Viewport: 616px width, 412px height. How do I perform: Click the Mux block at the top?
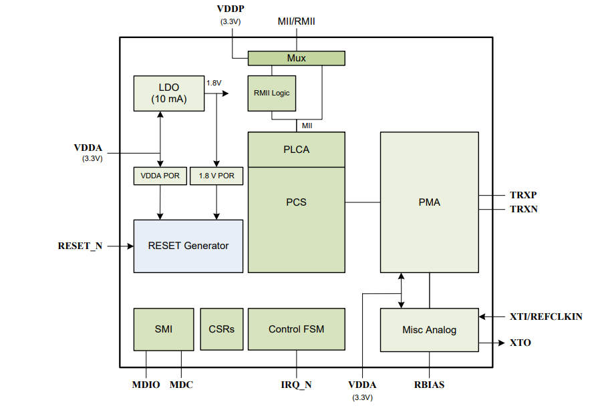point(296,58)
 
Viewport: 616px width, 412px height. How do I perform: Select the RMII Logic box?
point(271,93)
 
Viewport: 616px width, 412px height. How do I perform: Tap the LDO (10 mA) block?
point(168,93)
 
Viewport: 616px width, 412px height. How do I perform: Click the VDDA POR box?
point(160,176)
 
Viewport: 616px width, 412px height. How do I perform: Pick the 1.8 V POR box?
point(216,176)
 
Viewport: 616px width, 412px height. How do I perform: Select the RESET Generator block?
point(188,246)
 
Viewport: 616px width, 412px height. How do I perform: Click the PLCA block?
point(296,150)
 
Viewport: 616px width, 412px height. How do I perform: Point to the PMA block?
point(429,202)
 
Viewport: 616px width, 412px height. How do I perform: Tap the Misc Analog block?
point(429,330)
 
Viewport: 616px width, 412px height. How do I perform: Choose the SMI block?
point(163,329)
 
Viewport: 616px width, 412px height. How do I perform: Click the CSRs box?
point(221,329)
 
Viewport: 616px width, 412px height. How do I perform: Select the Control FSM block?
point(296,329)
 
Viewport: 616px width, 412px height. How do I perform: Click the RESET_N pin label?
point(80,246)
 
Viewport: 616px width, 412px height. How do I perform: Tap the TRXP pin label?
point(523,196)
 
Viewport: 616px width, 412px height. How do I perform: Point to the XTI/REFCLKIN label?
point(546,317)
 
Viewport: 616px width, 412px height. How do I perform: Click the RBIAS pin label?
point(429,385)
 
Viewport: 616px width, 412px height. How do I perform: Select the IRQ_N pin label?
point(296,385)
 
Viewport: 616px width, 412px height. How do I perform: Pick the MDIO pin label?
point(146,385)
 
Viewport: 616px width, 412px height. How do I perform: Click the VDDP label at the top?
point(230,9)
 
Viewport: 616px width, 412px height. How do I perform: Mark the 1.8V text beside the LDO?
point(214,83)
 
